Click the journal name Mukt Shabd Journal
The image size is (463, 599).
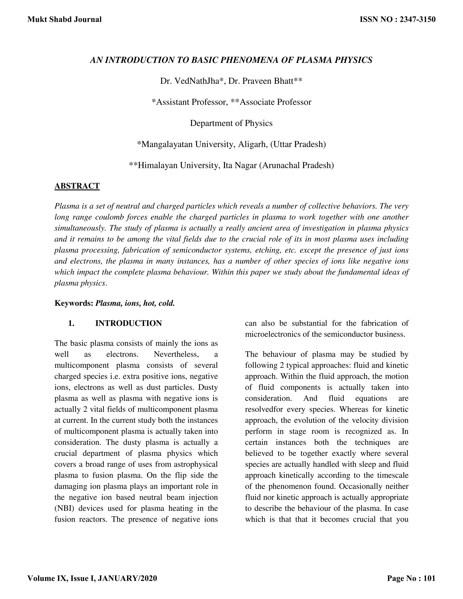coord(64,19)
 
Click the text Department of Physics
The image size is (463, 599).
coord(231,123)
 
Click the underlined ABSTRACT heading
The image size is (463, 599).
coord(77,186)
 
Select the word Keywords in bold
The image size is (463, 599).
coord(74,303)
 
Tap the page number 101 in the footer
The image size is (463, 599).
coord(429,578)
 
